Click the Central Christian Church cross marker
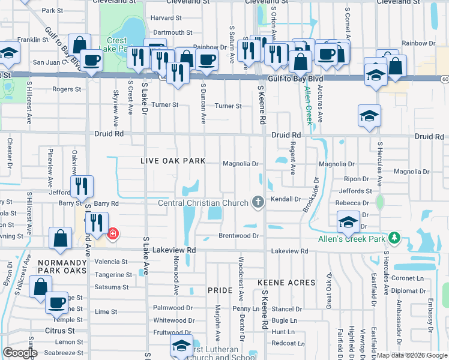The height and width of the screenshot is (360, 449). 258,202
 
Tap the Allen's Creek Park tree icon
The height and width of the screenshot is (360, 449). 394,238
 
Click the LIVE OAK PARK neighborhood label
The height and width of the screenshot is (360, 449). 173,161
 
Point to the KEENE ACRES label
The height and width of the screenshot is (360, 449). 286,282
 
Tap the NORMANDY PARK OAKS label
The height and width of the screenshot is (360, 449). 59,266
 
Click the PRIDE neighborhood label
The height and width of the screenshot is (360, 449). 220,290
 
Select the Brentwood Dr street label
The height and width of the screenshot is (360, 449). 238,236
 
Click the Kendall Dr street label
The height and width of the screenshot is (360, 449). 286,199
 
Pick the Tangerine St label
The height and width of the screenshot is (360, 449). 113,275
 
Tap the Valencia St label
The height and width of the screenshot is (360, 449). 111,262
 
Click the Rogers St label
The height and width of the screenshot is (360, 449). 66,89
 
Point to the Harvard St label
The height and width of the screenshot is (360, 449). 166,18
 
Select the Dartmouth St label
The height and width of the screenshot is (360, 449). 172,32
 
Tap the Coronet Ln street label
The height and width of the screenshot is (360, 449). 408,278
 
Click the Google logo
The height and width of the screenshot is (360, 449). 20,353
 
